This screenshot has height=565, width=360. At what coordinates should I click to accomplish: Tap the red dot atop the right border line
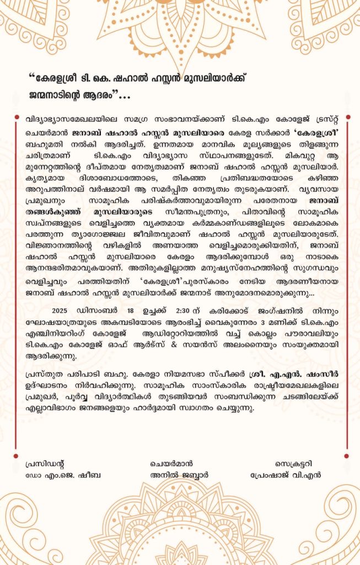(346, 116)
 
